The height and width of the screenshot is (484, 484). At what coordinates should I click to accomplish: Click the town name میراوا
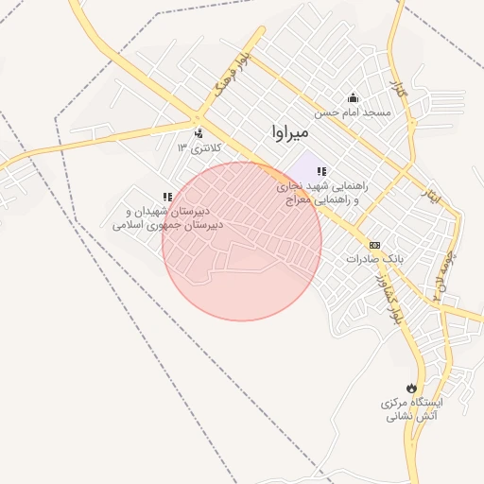pos(289,132)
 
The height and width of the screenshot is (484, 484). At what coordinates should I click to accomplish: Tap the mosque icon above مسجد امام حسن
pos(354,96)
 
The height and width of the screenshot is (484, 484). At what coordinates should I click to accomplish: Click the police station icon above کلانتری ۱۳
pos(198,133)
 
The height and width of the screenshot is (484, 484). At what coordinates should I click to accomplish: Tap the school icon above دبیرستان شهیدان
pos(167,197)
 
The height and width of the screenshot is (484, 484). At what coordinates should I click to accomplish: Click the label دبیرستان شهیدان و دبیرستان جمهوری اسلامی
pos(168,218)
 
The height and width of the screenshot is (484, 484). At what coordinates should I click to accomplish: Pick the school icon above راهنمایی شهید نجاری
pos(322,171)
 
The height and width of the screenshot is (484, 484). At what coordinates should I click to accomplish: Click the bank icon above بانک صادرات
pos(374,244)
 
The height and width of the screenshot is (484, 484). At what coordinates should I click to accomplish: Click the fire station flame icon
pos(411,389)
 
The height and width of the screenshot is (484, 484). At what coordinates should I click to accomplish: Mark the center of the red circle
pos(242,241)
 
